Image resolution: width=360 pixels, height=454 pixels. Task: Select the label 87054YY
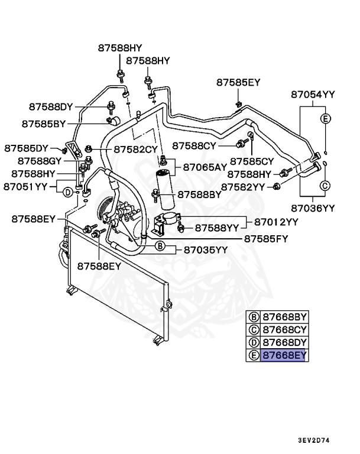coord(313,95)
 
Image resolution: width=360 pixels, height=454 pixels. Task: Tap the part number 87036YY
coord(313,207)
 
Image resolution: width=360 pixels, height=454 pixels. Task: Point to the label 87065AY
coord(205,167)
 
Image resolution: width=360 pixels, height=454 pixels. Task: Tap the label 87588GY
coord(40,160)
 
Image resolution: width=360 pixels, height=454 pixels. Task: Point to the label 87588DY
coord(50,106)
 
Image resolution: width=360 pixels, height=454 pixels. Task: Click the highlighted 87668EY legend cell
coord(284,355)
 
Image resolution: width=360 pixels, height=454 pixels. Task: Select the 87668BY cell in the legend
coord(284,316)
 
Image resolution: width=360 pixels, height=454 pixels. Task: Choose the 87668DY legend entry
coord(284,342)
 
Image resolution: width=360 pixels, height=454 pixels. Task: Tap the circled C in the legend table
coord(253,329)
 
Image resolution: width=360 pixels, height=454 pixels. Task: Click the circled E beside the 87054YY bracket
coord(325,119)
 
